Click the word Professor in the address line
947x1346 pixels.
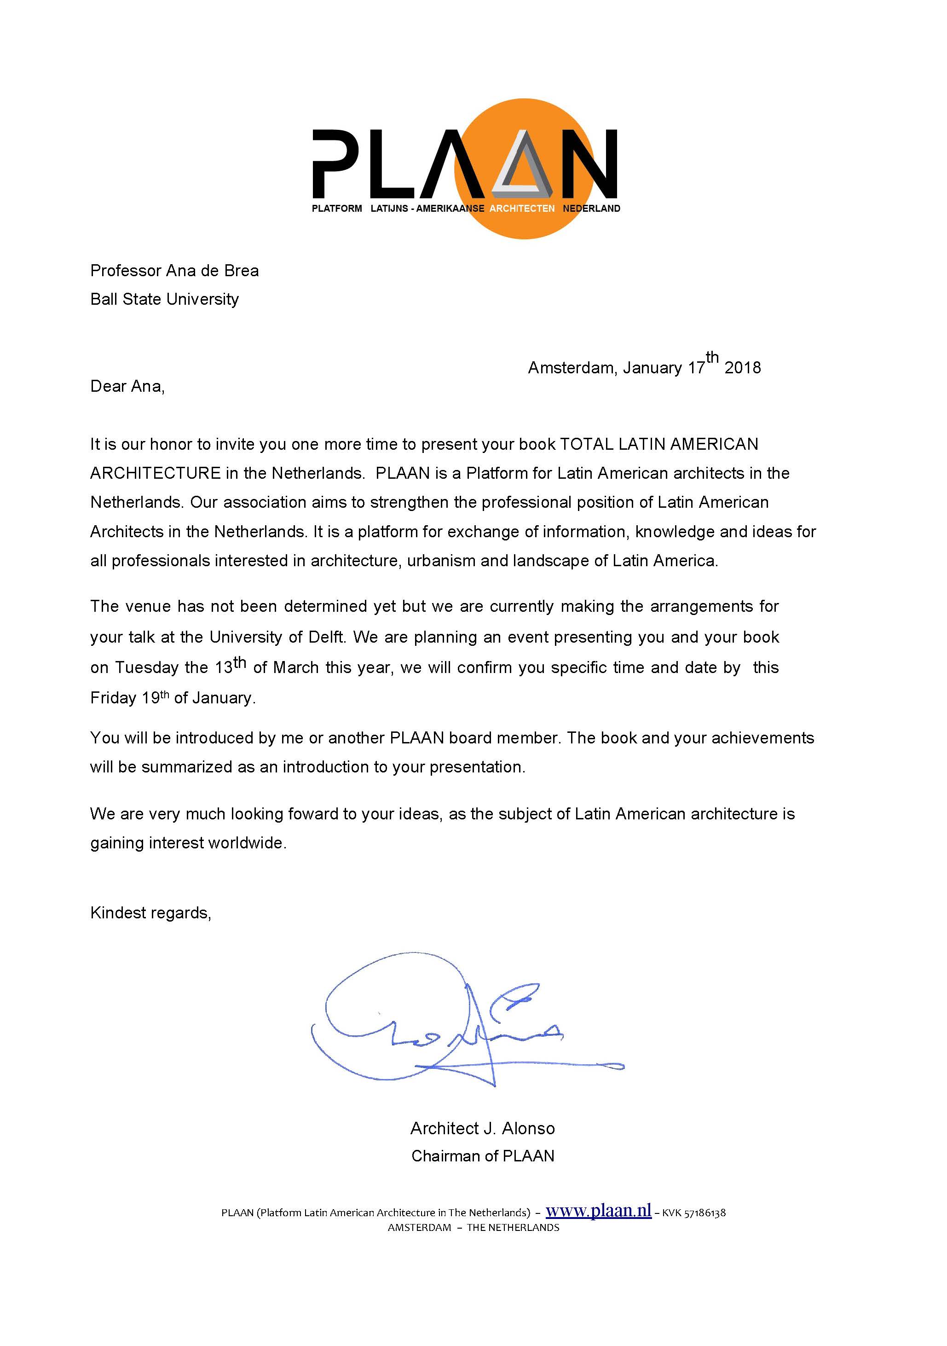pyautogui.click(x=126, y=270)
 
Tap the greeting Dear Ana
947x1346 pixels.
pyautogui.click(x=127, y=386)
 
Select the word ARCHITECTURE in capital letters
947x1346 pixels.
pyautogui.click(x=155, y=473)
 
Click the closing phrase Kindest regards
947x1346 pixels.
pyautogui.click(x=150, y=913)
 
